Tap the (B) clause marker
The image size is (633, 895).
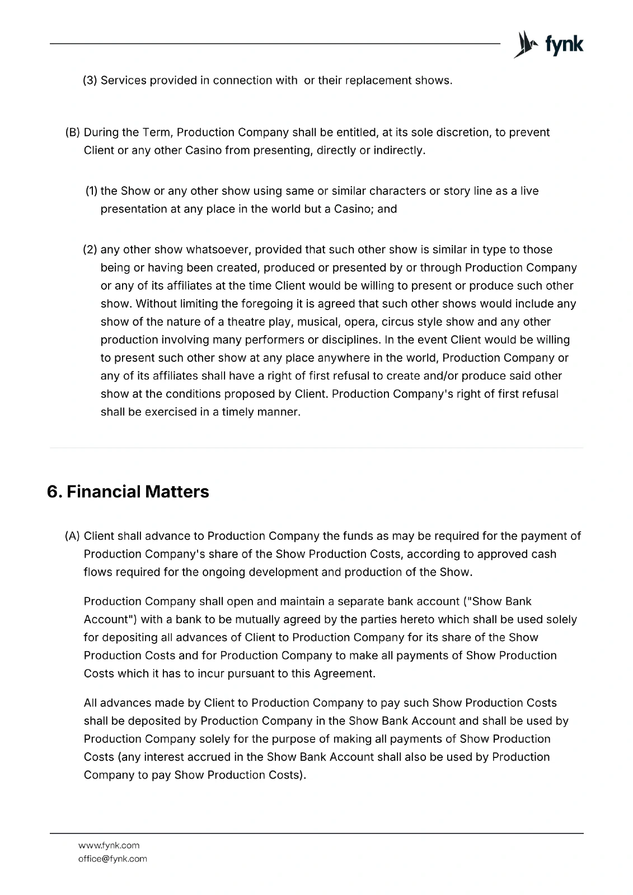coord(73,133)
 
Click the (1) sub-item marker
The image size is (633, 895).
coord(91,191)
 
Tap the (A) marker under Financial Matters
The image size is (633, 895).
coord(73,536)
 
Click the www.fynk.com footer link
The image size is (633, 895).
coord(109,845)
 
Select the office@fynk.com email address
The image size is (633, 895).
coord(112,859)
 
